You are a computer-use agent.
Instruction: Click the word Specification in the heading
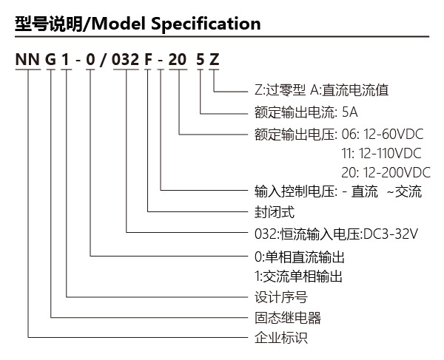pos(206,24)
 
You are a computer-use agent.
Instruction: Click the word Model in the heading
pos(119,24)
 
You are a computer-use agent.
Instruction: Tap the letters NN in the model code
pos(27,60)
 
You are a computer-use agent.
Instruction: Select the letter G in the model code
pos(50,60)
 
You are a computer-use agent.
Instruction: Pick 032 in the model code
pos(126,60)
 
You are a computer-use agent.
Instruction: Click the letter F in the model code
pos(148,60)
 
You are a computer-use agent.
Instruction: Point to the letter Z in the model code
pos(214,60)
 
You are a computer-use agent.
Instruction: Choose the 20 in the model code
pos(178,60)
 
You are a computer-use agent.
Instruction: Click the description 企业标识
pos(281,338)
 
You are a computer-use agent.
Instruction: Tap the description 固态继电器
pos(288,318)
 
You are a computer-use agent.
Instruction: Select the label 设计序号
pos(281,297)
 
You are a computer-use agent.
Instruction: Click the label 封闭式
pos(275,212)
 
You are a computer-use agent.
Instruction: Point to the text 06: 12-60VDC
pos(383,134)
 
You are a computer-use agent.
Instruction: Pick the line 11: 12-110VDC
pos(381,153)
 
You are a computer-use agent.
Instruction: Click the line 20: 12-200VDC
pos(386,172)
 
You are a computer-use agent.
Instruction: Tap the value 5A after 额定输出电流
pos(350,112)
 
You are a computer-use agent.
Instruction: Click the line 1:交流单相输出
pos(298,276)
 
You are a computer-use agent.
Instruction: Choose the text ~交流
pos(404,191)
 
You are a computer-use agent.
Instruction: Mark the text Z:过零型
pos(280,90)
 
